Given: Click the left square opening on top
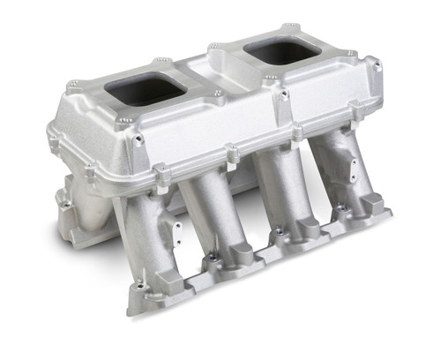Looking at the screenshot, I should point(146,89).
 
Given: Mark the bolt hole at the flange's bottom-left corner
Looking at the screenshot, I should point(138,286).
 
